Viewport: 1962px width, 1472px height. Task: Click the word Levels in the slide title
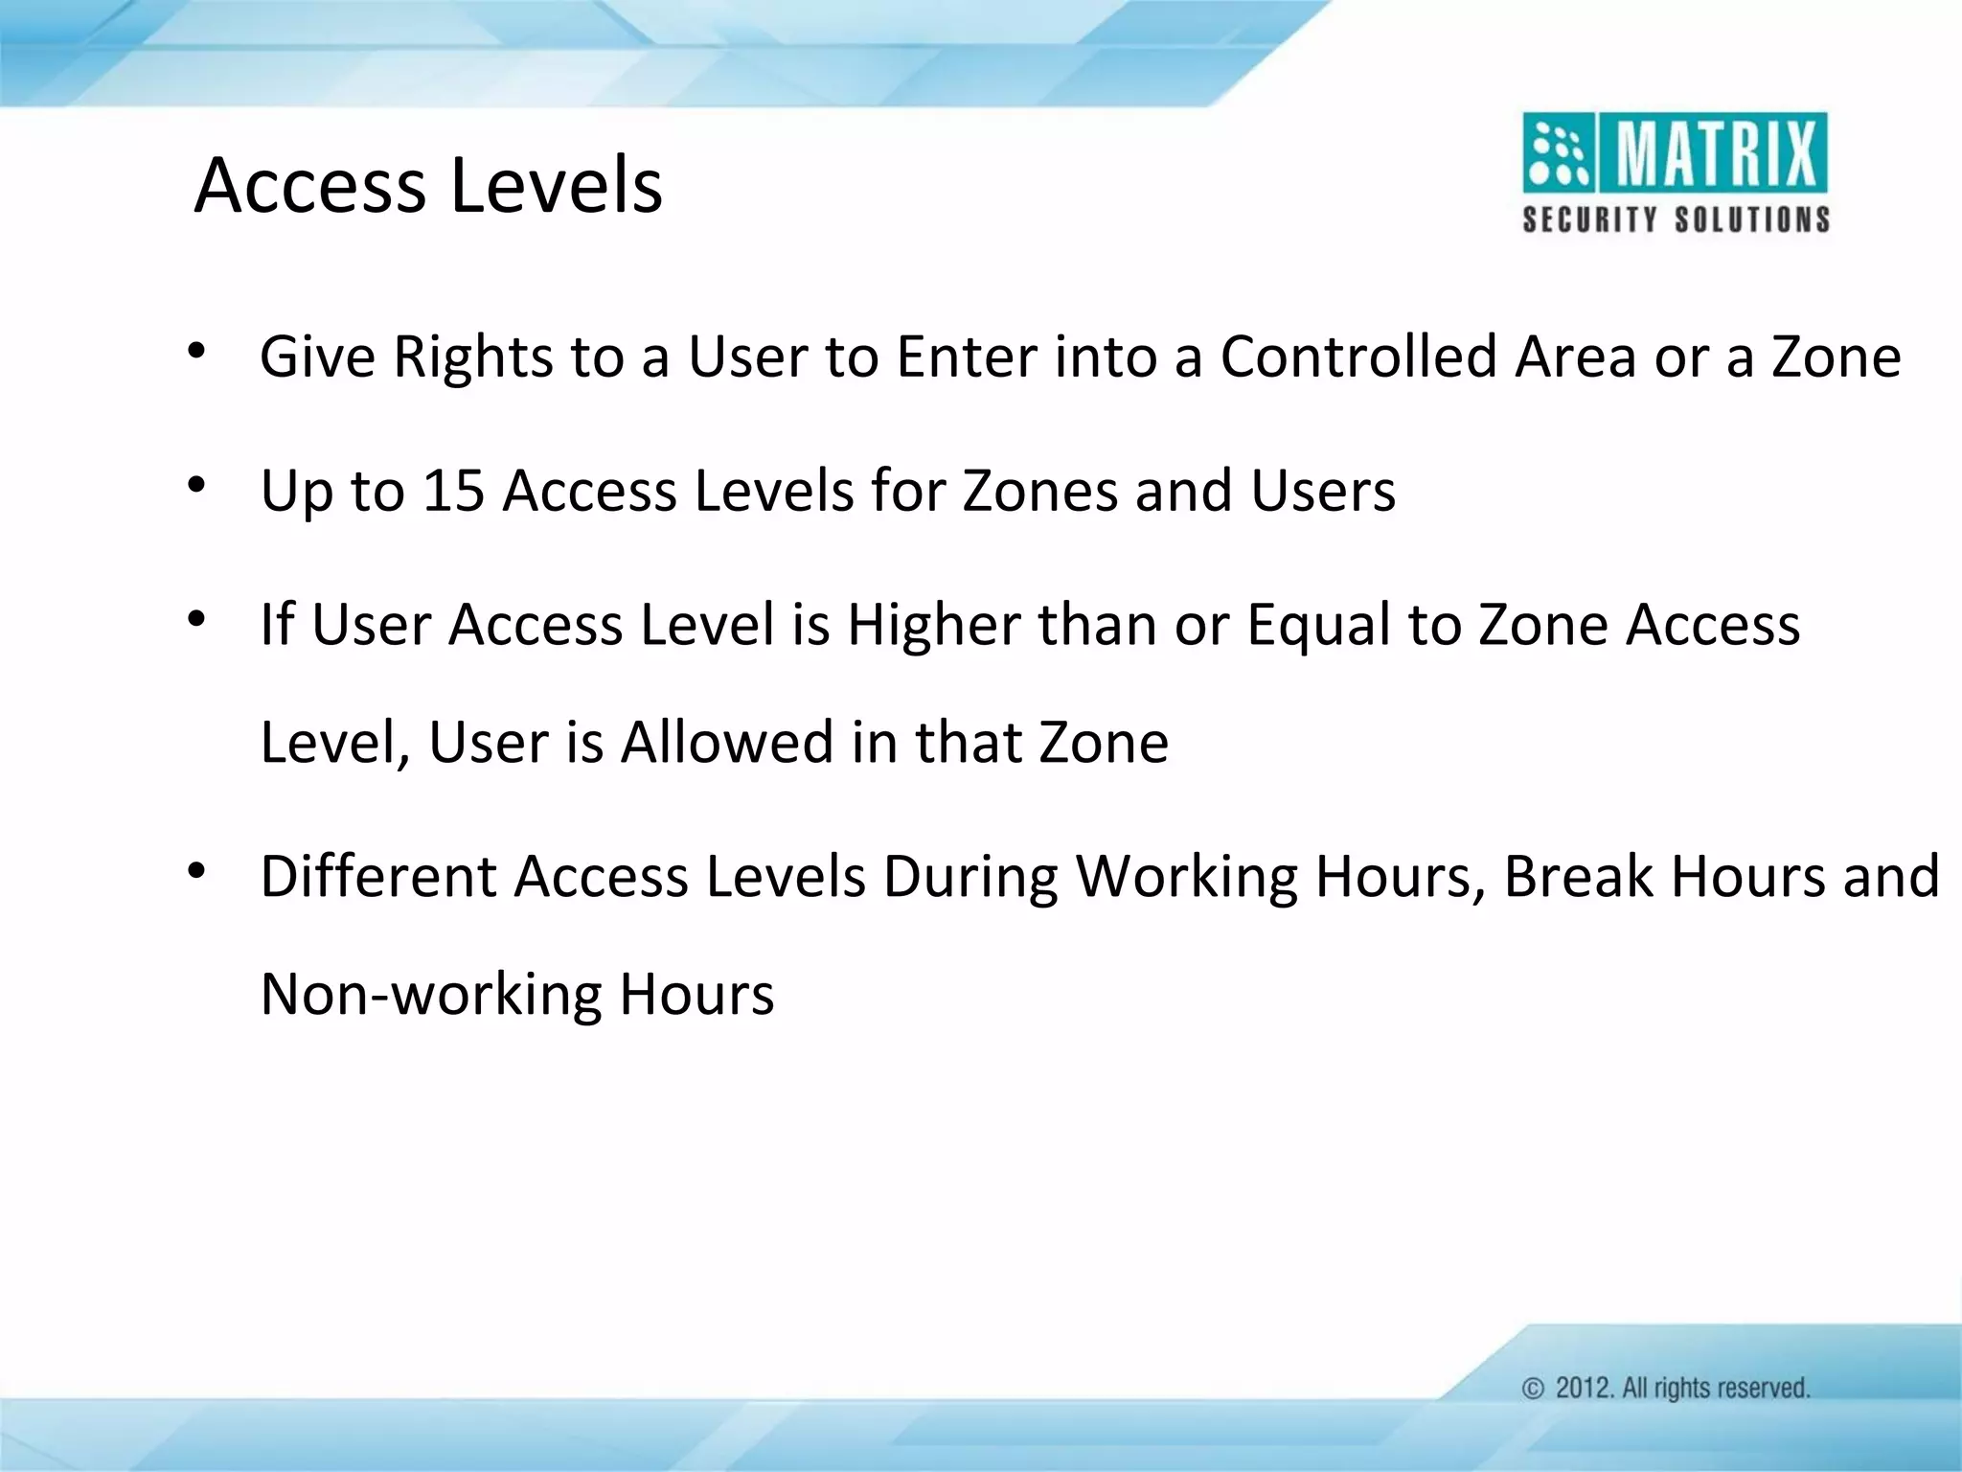coord(556,185)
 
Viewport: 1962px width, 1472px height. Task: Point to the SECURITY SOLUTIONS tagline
coord(1676,219)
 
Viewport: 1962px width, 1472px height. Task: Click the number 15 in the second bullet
coord(453,491)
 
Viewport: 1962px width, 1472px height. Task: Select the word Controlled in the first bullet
coord(1358,356)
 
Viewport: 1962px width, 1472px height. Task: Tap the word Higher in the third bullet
coord(933,625)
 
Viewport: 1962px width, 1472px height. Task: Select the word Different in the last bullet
coord(378,876)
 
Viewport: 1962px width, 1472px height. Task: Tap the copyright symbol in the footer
coord(1533,1389)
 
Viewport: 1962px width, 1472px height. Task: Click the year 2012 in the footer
coord(1584,1389)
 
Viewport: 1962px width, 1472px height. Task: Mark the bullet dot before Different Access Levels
coord(196,872)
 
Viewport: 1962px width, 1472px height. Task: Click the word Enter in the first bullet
coord(967,356)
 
